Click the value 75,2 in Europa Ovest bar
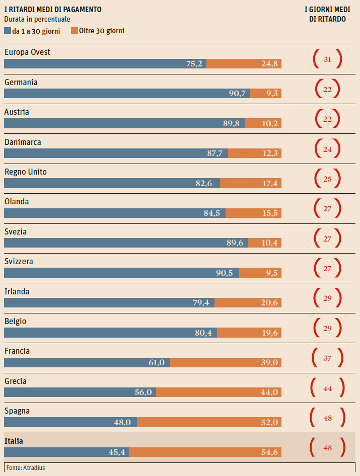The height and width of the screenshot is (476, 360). [x=194, y=64]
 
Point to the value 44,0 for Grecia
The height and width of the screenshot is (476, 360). [x=269, y=392]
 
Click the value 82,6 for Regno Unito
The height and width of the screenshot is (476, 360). [x=204, y=183]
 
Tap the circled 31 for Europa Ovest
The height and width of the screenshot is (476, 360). [x=327, y=59]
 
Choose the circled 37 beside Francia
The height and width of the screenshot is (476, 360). [x=327, y=358]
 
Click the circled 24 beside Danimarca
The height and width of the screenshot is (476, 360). [x=327, y=149]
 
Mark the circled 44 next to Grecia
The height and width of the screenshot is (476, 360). [x=327, y=388]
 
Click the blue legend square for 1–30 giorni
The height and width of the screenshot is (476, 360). [x=8, y=31]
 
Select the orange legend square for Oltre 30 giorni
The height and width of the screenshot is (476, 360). [x=75, y=31]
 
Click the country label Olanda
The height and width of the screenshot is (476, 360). [x=16, y=202]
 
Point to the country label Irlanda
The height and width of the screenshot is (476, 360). [x=17, y=291]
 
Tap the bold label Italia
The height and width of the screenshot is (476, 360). [x=14, y=441]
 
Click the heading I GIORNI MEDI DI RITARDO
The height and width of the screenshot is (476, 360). [x=327, y=14]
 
